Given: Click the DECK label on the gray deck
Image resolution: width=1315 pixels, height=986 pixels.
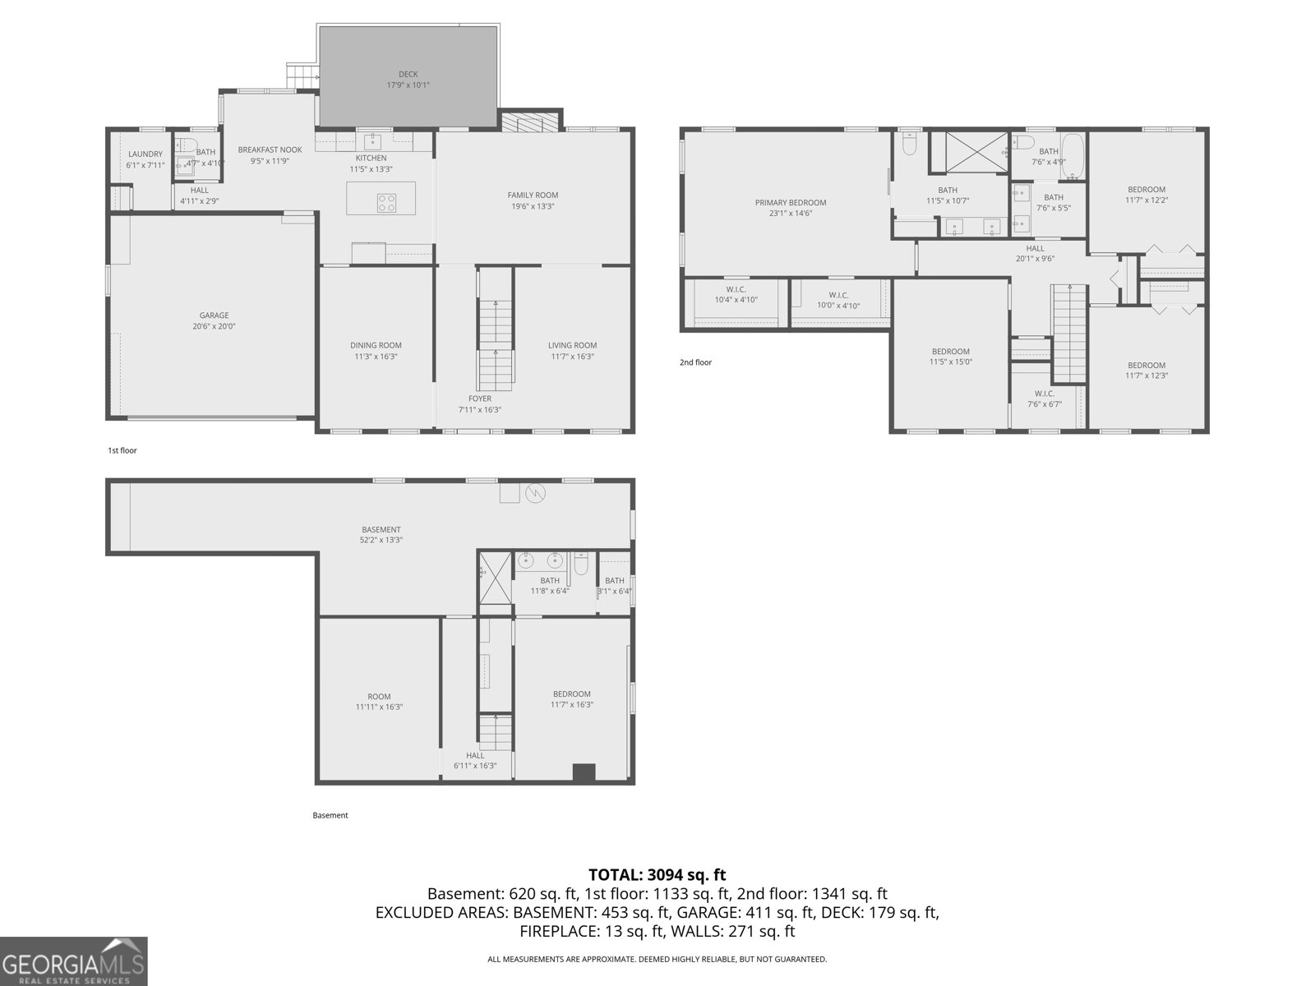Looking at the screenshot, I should tap(408, 74).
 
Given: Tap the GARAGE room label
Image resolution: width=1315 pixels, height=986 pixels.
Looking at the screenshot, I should tap(214, 316).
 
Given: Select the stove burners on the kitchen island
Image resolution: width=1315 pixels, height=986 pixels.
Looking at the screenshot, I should tap(386, 199).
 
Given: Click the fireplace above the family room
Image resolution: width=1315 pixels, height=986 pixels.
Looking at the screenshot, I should tap(530, 122).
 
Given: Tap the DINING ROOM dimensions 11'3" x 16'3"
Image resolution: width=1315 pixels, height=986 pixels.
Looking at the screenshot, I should tap(376, 357).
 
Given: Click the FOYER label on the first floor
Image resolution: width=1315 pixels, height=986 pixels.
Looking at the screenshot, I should tap(480, 399).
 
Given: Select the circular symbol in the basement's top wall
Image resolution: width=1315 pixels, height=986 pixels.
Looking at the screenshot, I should tap(535, 493).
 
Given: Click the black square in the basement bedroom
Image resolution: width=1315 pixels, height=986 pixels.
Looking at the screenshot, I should tap(584, 772).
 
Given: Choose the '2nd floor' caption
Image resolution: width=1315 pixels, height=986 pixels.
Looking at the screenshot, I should tap(695, 362).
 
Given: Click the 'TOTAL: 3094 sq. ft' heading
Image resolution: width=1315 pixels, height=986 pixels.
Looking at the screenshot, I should tap(657, 875).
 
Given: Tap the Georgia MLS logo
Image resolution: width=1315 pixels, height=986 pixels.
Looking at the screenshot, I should tap(74, 961).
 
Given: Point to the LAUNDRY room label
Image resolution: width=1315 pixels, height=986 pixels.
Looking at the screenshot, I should tap(145, 154).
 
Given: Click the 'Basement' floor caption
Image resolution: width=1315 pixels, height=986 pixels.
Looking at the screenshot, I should tap(330, 815).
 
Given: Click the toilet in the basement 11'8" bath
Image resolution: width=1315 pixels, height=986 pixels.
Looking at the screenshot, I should tap(581, 565).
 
